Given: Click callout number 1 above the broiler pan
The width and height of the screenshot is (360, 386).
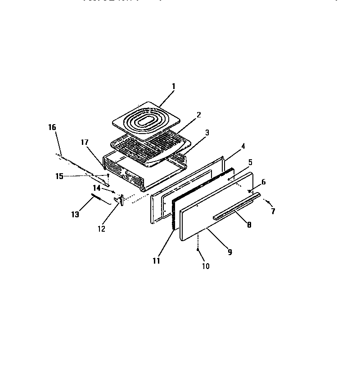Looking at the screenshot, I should (174, 86).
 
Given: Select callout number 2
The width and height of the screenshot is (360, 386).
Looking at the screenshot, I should (198, 115).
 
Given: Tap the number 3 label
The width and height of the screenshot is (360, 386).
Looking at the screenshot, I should (207, 133).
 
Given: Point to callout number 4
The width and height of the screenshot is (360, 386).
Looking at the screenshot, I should (243, 146).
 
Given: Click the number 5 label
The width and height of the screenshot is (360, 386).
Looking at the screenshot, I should (250, 162).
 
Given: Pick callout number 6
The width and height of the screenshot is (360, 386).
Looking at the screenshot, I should (263, 182).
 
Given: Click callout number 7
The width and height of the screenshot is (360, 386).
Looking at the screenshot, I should (273, 211).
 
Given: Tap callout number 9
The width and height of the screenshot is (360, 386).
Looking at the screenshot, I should (229, 252).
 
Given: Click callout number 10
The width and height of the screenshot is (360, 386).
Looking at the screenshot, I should (205, 266).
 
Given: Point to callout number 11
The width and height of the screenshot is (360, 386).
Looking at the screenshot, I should (156, 260).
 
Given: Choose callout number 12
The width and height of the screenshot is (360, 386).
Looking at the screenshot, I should (101, 229).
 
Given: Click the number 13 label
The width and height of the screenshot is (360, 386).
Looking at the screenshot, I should (75, 215).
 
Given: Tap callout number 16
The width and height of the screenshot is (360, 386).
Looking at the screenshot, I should (52, 127).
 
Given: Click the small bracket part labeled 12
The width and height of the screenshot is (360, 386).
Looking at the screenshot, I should (119, 199).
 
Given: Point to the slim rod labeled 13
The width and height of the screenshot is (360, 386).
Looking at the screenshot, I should (100, 199).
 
